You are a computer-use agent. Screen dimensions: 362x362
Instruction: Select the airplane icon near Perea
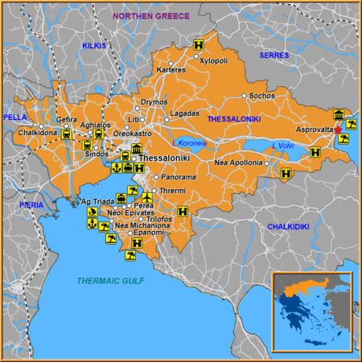(147, 197)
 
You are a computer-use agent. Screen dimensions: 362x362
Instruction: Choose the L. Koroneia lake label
(190, 143)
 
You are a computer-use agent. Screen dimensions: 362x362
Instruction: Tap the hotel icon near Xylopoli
(196, 46)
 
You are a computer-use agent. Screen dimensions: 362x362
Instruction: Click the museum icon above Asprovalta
(339, 114)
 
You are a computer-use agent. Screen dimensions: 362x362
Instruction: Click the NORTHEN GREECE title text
(151, 15)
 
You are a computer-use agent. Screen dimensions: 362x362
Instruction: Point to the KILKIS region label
(94, 46)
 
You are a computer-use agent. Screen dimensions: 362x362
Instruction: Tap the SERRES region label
(274, 55)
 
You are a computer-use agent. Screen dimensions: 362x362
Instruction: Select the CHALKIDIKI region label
(288, 227)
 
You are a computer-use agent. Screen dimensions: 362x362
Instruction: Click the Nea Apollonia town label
(238, 162)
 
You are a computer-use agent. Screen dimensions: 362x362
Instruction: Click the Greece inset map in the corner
(312, 311)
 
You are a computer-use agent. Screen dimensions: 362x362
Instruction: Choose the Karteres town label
(171, 70)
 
